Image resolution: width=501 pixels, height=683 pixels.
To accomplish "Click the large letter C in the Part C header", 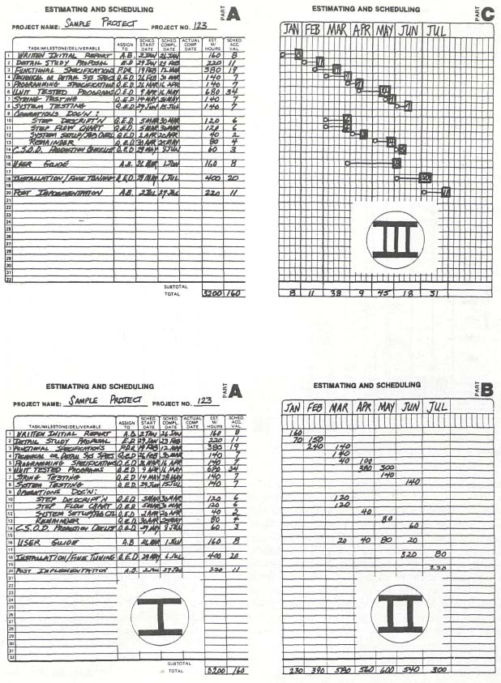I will (486, 13).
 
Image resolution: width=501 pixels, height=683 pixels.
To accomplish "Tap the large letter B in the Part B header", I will (486, 390).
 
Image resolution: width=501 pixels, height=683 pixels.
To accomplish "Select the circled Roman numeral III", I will (395, 239).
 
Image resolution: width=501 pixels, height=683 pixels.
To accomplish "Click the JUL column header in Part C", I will (436, 30).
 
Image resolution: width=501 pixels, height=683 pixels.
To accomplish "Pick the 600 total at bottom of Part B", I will (386, 670).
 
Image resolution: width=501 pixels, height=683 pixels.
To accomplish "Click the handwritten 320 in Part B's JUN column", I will (410, 555).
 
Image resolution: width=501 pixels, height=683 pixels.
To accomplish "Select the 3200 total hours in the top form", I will (212, 292).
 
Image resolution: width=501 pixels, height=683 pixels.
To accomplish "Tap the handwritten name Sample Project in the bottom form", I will (105, 400).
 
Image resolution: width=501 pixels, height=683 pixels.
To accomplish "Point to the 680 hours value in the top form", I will (213, 91).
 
